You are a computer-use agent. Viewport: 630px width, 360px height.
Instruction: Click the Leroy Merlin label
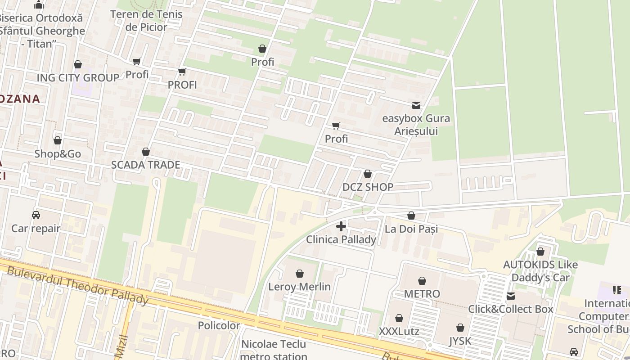[299, 287]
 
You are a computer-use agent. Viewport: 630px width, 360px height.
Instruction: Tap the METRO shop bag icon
[422, 281]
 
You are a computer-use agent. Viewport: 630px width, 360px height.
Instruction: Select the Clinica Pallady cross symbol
[341, 226]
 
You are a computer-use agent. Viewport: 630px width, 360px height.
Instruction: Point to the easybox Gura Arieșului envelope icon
[416, 105]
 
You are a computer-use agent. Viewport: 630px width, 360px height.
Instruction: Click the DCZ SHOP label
[368, 187]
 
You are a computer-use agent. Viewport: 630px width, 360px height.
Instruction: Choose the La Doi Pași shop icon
[411, 216]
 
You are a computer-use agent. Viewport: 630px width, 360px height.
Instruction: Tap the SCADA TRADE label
[145, 165]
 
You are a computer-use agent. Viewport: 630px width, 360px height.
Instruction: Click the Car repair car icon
[36, 215]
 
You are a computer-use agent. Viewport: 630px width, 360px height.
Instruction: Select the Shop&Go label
[58, 154]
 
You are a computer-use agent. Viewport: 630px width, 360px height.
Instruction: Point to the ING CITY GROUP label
[78, 77]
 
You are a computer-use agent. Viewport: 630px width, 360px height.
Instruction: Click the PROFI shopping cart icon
[182, 72]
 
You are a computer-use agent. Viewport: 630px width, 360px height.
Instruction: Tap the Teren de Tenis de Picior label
[146, 20]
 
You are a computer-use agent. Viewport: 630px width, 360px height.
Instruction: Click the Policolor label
[219, 325]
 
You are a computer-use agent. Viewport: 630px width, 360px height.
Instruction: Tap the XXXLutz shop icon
[399, 319]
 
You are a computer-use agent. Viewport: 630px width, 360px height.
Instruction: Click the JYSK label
[460, 341]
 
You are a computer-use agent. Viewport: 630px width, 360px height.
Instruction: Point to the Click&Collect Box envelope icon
[511, 296]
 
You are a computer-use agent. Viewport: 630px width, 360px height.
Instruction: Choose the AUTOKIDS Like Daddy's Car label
[540, 271]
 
